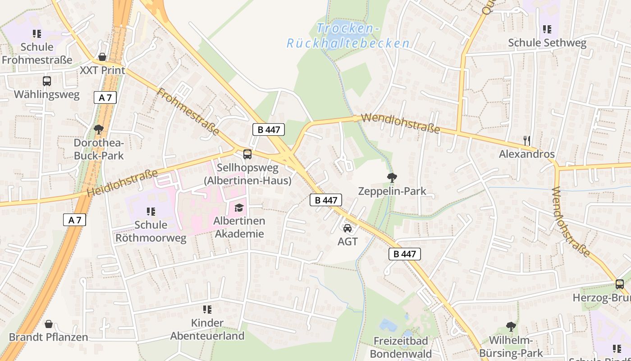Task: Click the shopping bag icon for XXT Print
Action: [102, 57]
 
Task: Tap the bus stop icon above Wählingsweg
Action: [47, 81]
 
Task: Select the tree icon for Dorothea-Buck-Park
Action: [98, 130]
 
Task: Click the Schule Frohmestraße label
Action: [37, 53]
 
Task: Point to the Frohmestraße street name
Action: [188, 112]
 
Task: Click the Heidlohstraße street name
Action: [122, 183]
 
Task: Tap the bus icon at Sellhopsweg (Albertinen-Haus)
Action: [247, 154]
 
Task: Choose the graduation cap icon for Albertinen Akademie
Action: [238, 208]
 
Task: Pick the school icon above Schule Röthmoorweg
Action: [151, 211]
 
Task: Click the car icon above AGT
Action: [347, 228]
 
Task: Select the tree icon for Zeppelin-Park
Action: [392, 178]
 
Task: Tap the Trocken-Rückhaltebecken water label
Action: [348, 36]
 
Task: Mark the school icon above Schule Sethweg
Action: [547, 30]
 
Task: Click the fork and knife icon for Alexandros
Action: [526, 140]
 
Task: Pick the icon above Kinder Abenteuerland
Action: [207, 310]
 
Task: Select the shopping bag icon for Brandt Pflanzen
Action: [48, 324]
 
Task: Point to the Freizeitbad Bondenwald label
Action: [401, 347]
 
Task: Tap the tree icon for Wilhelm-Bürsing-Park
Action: [511, 326]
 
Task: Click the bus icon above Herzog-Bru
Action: [620, 284]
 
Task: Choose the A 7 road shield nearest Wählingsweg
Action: [105, 97]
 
